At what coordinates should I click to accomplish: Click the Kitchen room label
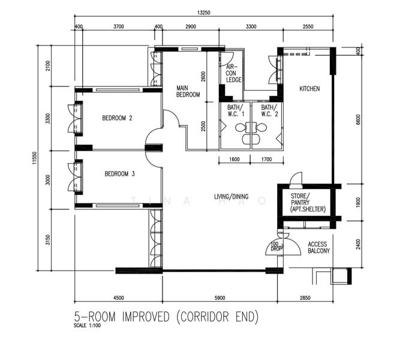tap(309, 89)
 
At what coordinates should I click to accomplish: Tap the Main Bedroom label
tap(188, 91)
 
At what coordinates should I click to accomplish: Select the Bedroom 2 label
tap(117, 118)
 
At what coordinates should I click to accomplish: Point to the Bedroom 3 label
tap(120, 174)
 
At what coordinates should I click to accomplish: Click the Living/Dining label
tap(231, 197)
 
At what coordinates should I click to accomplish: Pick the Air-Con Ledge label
tap(233, 73)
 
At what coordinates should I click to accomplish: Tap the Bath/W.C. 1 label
tap(236, 110)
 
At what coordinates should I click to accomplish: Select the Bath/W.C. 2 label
tap(270, 110)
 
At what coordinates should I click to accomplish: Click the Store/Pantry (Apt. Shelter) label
tap(308, 203)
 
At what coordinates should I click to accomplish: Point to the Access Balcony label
tap(319, 247)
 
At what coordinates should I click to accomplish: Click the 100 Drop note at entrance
tap(276, 247)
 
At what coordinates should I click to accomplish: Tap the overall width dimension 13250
tap(204, 13)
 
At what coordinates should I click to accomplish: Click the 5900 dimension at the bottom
tap(219, 298)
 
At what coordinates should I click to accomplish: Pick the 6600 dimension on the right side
tap(358, 119)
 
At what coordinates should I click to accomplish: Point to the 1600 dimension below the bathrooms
tap(234, 159)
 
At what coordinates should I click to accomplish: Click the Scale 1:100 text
tap(87, 326)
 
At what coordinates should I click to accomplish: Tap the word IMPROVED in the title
tap(146, 317)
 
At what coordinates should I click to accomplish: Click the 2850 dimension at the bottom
tap(305, 298)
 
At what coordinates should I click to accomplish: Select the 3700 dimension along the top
tap(119, 26)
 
